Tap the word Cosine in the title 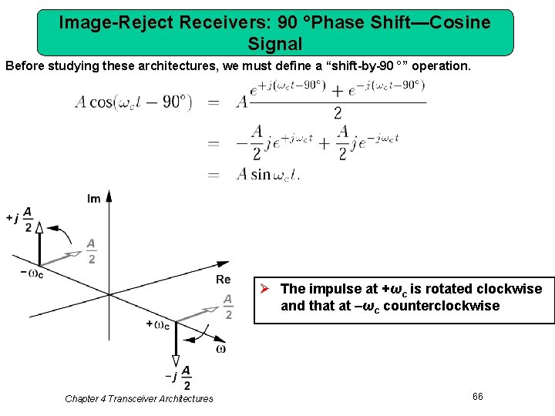462,22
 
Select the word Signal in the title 275,44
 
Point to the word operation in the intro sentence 438,66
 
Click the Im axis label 94,199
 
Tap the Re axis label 223,280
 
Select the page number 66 477,396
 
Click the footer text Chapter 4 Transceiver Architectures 139,398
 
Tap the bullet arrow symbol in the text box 264,289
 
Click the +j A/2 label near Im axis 21,218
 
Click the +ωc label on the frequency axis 157,324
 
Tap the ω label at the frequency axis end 220,349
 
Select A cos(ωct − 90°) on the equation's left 133,102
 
